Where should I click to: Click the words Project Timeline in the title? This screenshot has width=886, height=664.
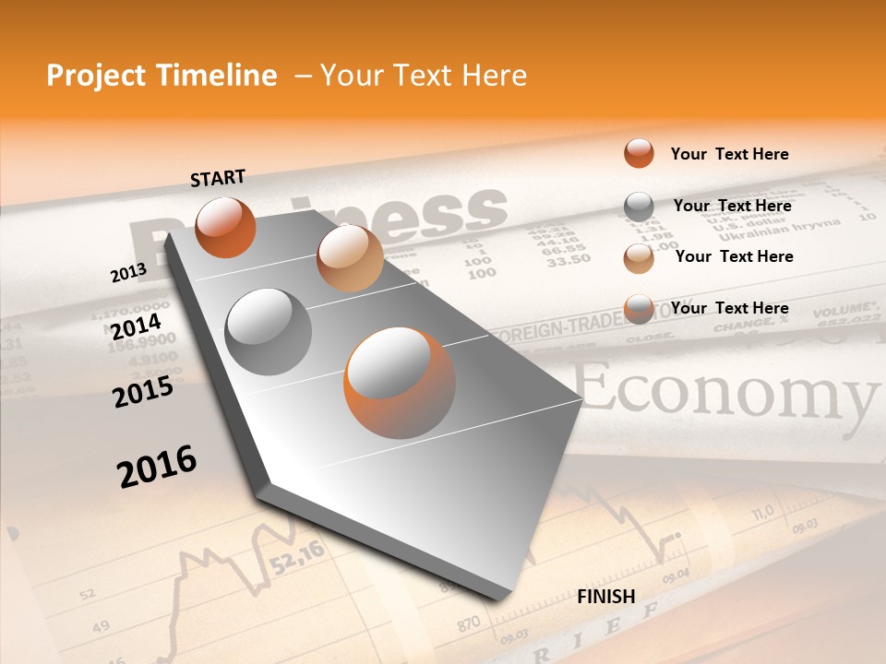162,76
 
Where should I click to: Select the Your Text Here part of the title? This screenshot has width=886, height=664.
424,76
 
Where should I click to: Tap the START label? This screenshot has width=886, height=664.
218,178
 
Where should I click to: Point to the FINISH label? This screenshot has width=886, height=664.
605,597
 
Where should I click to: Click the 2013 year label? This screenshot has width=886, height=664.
128,273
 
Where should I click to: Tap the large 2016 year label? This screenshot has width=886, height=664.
157,466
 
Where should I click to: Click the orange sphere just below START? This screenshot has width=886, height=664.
225,227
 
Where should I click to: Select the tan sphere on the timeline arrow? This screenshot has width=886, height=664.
350,258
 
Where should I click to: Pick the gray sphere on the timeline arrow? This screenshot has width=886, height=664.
269,332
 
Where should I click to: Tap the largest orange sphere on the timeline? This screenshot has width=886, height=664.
400,383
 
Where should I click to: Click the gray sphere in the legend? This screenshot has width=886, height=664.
639,207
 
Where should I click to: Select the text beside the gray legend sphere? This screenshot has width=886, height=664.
732,206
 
